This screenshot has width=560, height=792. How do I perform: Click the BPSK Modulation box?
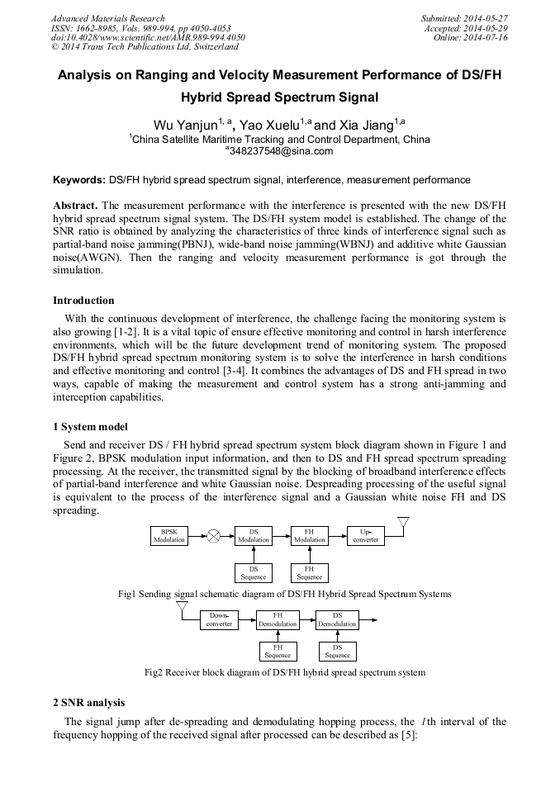tap(168, 535)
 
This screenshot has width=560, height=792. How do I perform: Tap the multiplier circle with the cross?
tap(213, 535)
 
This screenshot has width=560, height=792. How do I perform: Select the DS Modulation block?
tap(254, 535)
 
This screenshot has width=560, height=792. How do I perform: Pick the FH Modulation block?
tap(310, 535)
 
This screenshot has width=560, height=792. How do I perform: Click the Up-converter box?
tap(366, 535)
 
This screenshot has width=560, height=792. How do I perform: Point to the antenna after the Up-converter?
tap(403, 524)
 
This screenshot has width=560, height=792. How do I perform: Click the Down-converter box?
tap(219, 619)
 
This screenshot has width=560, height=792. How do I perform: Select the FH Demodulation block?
tap(278, 619)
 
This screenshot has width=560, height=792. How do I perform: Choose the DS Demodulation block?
tap(337, 619)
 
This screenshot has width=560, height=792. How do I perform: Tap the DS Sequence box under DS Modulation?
tap(254, 572)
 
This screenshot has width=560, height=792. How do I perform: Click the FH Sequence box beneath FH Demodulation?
tap(278, 651)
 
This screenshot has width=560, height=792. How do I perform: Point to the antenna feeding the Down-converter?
tap(181, 609)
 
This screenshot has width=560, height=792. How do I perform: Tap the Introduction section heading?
tap(83, 301)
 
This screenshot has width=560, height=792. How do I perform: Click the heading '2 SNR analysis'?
tap(88, 703)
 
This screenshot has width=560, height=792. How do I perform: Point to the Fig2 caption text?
tap(285, 672)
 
